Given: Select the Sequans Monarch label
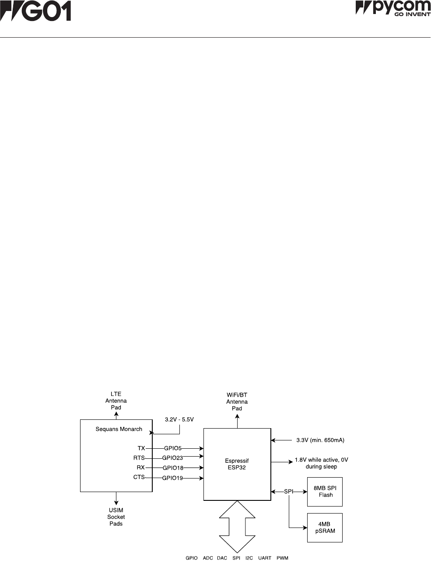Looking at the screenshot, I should [119, 429].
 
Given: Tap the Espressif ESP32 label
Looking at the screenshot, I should [237, 464].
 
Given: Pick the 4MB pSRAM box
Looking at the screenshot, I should [325, 528].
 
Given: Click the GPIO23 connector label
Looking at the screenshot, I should [172, 458].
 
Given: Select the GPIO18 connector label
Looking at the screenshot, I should [173, 468].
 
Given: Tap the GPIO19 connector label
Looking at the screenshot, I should [172, 478].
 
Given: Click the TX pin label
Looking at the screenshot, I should [141, 448].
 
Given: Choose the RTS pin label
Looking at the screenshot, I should [139, 458].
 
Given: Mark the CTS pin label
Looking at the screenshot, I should [139, 477].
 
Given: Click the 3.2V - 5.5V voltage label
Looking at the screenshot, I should [179, 419].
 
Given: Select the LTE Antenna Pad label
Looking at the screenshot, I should [116, 401].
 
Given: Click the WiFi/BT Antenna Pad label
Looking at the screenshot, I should [237, 401].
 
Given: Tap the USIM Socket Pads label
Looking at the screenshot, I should [116, 517].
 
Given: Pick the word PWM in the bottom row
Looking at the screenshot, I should [282, 558].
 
